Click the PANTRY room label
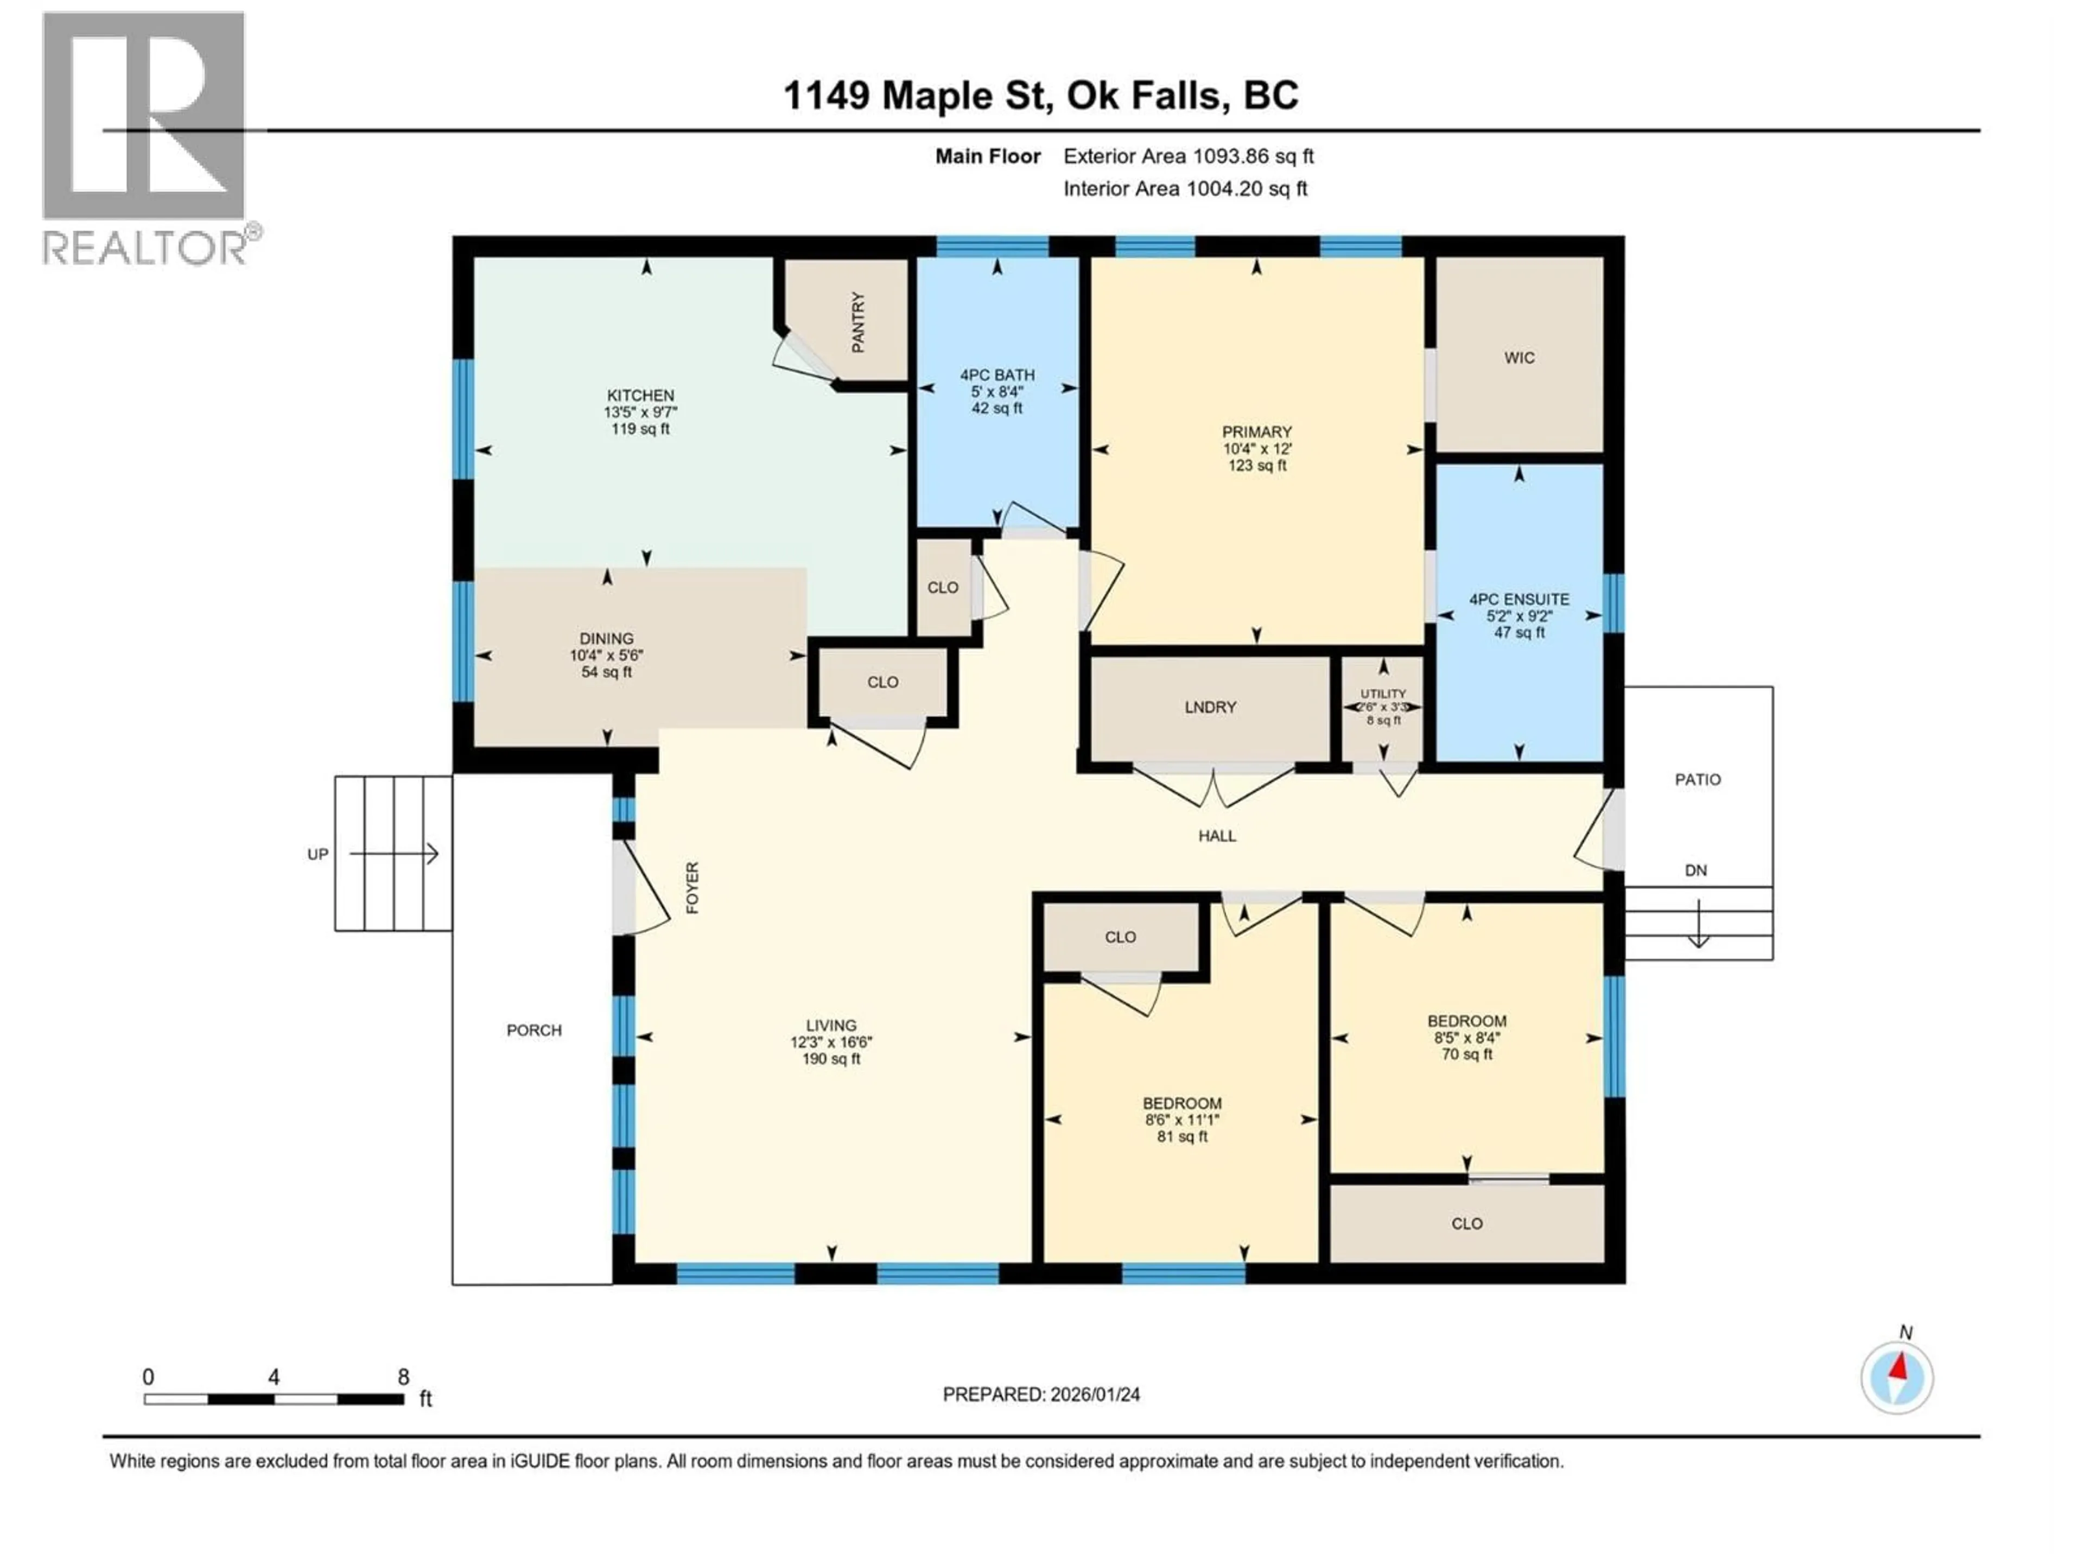tap(857, 322)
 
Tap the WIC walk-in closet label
tap(1518, 358)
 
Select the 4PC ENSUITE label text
tap(1518, 599)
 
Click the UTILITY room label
tap(1382, 694)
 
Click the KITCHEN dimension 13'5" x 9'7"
tap(640, 412)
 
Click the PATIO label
tap(1697, 780)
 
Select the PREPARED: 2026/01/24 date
tap(1041, 1394)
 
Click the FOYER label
tap(692, 887)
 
